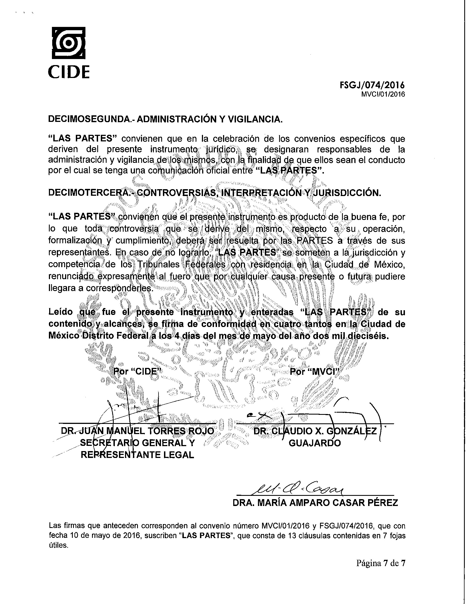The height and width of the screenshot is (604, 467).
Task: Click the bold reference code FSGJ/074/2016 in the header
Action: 372,85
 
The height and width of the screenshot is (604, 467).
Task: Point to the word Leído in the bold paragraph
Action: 61,312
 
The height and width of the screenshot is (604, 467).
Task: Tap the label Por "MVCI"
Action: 315,371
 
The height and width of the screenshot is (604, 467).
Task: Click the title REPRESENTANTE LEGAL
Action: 137,455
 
